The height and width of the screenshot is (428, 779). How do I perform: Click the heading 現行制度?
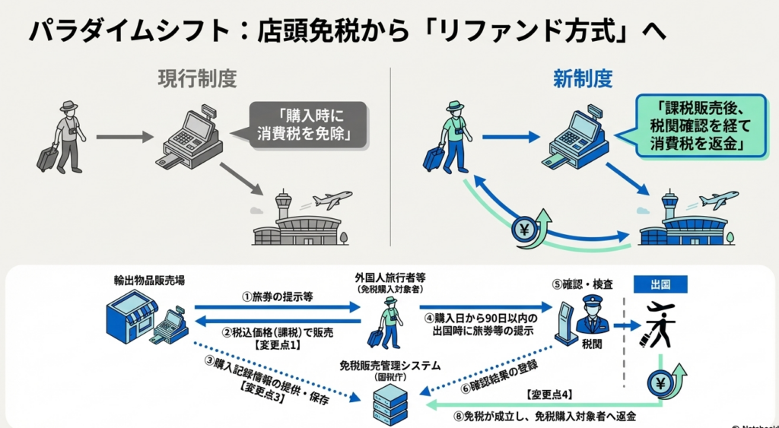click(197, 78)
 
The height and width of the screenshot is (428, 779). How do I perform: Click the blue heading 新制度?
click(583, 78)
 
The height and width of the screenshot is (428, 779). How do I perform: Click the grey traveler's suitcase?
click(48, 158)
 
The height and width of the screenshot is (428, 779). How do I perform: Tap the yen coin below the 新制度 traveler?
click(524, 229)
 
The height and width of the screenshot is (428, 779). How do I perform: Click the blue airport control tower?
click(669, 205)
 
